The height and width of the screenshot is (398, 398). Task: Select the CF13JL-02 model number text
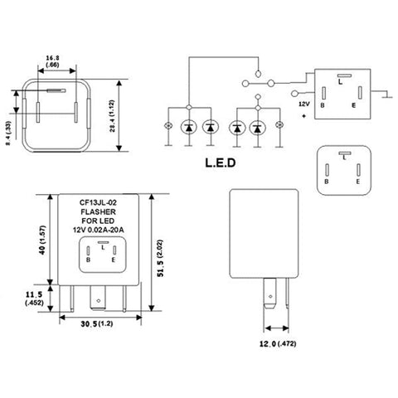click(x=103, y=201)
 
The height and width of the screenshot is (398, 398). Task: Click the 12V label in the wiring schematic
click(x=303, y=104)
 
